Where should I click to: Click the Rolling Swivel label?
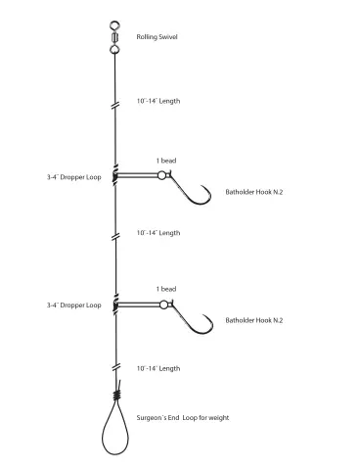point(157,37)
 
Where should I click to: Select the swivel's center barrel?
point(114,37)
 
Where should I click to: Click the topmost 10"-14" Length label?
point(158,101)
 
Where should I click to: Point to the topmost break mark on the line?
point(115,106)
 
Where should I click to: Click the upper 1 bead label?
point(166,161)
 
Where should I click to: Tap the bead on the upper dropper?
point(161,175)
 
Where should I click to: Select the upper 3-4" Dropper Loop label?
point(73,177)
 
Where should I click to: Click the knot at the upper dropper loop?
point(114,175)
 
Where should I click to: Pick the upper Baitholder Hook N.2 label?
point(254,192)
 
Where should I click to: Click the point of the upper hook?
point(202,186)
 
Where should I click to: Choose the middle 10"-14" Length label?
point(158,233)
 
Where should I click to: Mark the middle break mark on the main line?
point(115,237)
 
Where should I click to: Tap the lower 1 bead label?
point(166,289)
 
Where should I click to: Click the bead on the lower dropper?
point(163,305)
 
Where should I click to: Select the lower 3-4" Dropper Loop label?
point(73,305)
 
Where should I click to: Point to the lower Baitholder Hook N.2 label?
point(254,320)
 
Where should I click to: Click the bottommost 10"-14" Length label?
point(158,368)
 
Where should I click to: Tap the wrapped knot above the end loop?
point(117,396)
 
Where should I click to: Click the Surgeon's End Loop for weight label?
point(183,418)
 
